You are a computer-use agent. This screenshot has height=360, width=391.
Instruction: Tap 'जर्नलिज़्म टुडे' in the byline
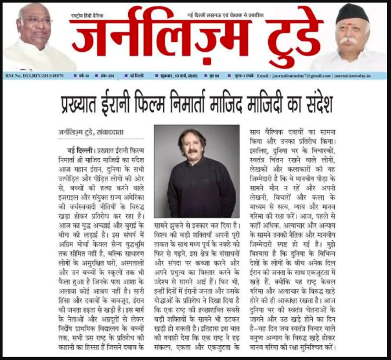pyautogui.click(x=74, y=135)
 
